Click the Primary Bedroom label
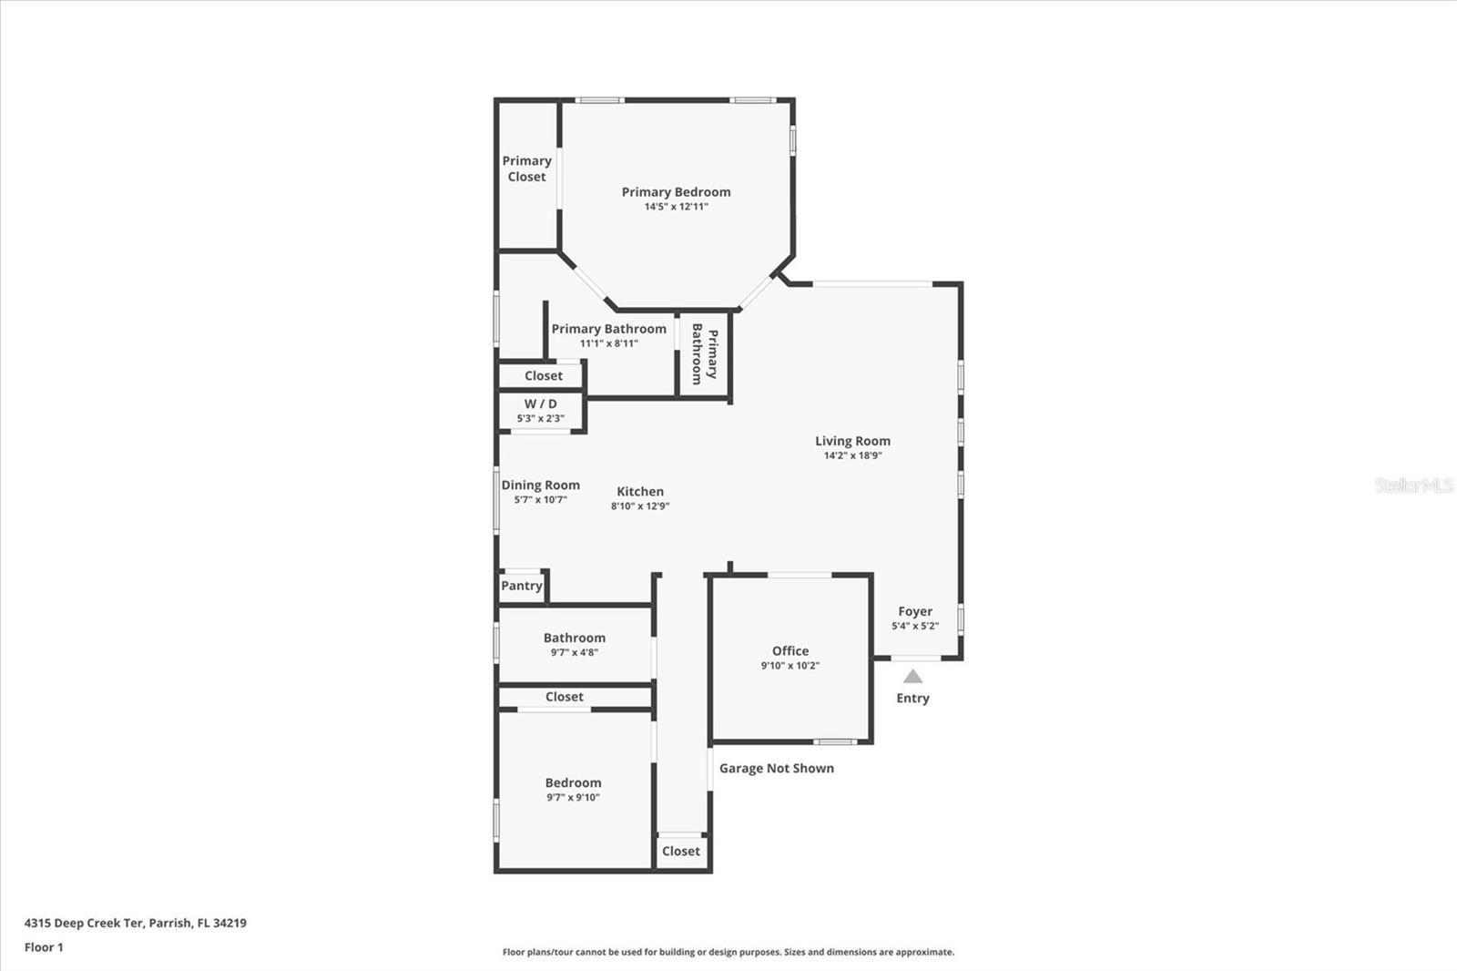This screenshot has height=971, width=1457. tap(676, 191)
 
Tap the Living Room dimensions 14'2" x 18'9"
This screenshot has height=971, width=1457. tap(852, 455)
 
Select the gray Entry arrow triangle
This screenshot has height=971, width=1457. tap(912, 677)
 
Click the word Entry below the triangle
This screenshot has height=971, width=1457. tap(912, 699)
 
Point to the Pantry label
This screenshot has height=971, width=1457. tap(522, 586)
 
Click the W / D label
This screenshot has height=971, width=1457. tap(540, 404)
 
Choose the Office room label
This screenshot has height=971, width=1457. tap(790, 650)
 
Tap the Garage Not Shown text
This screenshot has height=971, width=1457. tap(776, 768)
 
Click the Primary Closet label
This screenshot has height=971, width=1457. tap(526, 169)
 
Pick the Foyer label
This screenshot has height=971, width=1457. tap(914, 611)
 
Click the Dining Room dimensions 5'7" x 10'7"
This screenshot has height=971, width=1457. tap(540, 500)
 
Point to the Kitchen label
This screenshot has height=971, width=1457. tap(640, 491)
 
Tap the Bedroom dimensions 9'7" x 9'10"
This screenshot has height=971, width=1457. tap(573, 798)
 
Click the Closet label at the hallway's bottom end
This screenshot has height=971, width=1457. tap(681, 851)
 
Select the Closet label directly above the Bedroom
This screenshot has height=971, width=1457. tap(564, 697)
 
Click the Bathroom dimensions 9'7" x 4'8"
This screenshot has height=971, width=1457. tap(574, 653)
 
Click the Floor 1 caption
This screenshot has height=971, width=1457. tap(44, 947)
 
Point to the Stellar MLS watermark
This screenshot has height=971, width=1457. tap(1413, 485)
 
